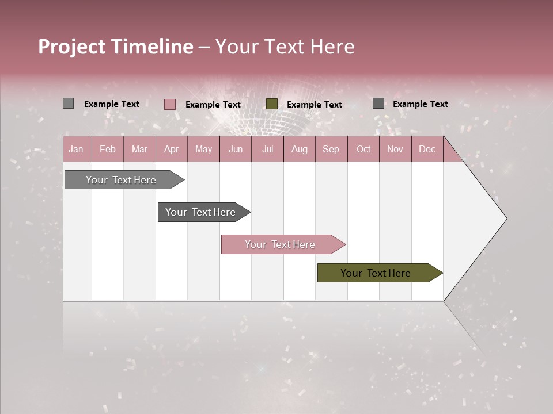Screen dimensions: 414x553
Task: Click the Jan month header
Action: [x=76, y=149]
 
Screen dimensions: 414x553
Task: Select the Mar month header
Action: [x=139, y=149]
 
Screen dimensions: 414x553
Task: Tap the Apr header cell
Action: [x=171, y=149]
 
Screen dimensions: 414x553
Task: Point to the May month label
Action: [x=203, y=149]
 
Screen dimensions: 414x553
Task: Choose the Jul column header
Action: [x=267, y=149]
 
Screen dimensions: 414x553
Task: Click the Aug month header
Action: [x=299, y=149]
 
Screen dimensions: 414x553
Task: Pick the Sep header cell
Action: [x=331, y=149]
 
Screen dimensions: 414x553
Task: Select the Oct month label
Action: [x=363, y=149]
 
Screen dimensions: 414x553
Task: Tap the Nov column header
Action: [x=395, y=149]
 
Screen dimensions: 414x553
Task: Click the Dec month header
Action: [x=427, y=149]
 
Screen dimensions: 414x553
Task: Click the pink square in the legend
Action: [x=169, y=104]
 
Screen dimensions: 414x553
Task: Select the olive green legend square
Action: [x=272, y=103]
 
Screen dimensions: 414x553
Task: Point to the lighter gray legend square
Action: [x=68, y=103]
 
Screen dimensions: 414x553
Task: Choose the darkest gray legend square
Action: [x=378, y=103]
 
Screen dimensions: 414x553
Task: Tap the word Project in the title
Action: [x=71, y=47]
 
